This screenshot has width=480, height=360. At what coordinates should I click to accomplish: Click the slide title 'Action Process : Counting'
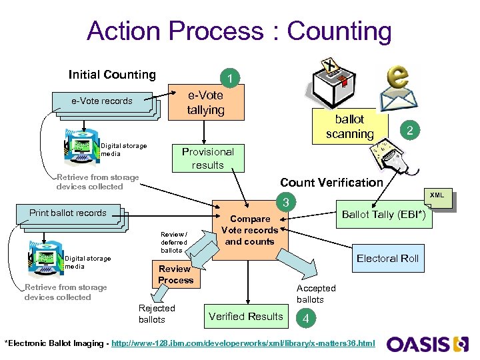[239, 31]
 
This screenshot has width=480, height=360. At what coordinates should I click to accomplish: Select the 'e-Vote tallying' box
[205, 103]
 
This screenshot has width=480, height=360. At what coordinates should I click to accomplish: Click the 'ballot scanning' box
[349, 127]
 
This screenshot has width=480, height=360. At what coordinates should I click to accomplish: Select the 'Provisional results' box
[207, 158]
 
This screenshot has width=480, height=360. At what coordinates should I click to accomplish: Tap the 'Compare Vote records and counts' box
[250, 229]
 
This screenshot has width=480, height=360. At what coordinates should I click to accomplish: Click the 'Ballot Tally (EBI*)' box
[386, 214]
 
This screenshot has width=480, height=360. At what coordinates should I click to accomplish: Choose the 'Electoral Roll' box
[387, 259]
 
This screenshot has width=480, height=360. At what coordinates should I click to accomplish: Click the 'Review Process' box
[175, 275]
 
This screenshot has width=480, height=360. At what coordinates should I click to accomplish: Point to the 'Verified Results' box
[246, 317]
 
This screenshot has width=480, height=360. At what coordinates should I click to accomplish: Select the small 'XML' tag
[437, 195]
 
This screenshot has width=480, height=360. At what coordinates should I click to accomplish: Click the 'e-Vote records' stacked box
[103, 102]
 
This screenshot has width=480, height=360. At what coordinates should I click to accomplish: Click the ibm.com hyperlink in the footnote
[243, 343]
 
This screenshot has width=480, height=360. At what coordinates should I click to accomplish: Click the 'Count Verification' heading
[331, 182]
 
